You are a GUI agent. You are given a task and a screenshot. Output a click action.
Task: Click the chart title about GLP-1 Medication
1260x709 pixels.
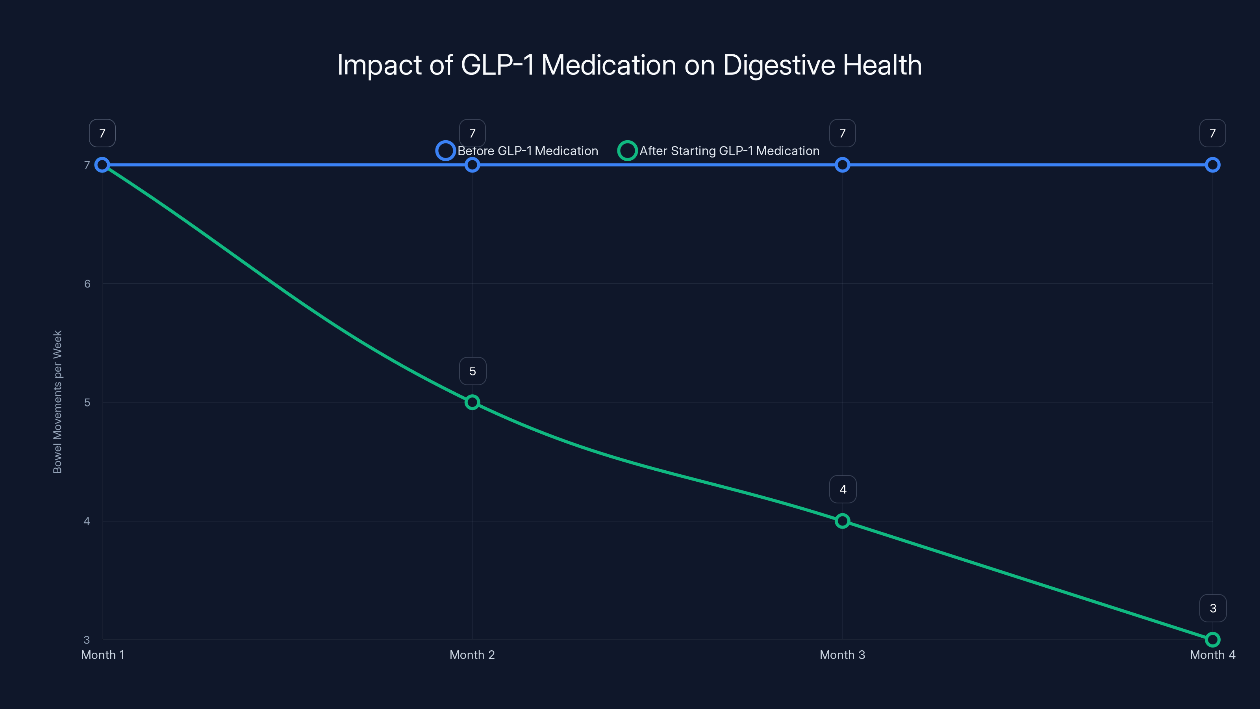[630, 65]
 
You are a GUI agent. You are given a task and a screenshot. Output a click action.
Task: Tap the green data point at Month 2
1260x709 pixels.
[472, 402]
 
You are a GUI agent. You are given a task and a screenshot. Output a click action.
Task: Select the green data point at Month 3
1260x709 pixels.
[842, 521]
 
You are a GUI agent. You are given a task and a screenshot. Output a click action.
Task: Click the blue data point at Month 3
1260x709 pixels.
[842, 165]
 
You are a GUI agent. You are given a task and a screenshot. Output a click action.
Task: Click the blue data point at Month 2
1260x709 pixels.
[472, 165]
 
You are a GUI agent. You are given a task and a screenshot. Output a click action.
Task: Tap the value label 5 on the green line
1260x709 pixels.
[472, 371]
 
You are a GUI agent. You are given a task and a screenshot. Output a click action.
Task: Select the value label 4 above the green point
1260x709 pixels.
[843, 489]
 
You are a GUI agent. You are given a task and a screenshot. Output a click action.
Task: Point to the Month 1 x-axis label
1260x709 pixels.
[103, 655]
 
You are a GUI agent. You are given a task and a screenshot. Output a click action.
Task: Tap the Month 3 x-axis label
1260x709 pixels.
[842, 655]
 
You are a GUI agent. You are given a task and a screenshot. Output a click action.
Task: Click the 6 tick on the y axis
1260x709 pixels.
[87, 284]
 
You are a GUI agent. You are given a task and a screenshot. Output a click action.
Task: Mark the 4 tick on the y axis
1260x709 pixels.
[87, 521]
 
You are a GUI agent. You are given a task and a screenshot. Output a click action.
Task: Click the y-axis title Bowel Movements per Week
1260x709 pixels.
[57, 402]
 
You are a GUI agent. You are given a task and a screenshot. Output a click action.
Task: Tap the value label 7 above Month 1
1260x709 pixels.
[102, 133]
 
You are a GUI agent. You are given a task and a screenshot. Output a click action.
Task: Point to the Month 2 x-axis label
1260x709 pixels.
[472, 655]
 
